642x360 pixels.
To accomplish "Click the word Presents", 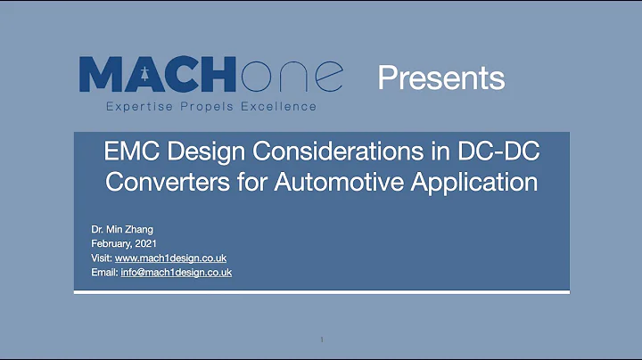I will coord(440,78).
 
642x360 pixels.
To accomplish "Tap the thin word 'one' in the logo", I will coord(289,77).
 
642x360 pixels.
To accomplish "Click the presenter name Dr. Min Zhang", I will coord(122,230).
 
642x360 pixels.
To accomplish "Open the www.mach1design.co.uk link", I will coord(170,258).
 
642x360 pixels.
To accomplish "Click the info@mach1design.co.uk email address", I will coord(176,272).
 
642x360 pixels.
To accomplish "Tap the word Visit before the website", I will coord(101,258).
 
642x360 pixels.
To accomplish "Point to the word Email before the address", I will coord(103,272).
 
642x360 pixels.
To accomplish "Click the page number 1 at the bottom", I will coord(321,340).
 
